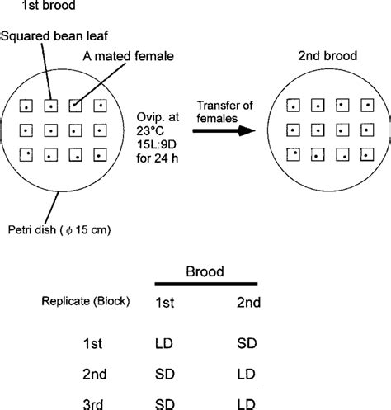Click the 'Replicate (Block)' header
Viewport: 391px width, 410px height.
[x=86, y=303]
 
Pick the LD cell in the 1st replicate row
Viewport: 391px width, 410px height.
[x=164, y=340]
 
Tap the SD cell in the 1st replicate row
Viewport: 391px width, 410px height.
[x=246, y=340]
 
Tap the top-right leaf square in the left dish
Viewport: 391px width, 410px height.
[x=101, y=106]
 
